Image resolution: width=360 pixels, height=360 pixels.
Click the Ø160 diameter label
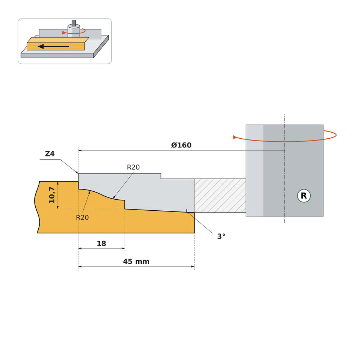click(181, 145)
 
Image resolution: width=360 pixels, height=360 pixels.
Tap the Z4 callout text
click(50, 154)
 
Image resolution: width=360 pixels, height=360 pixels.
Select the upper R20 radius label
click(133, 167)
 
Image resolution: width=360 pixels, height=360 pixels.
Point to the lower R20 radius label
click(83, 218)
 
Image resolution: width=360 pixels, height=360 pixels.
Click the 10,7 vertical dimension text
click(52, 195)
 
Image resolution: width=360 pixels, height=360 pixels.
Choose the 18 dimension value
click(101, 243)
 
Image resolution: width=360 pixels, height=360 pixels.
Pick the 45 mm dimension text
click(136, 261)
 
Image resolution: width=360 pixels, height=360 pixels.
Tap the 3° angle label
click(221, 236)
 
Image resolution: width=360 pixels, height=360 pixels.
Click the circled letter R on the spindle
click(304, 196)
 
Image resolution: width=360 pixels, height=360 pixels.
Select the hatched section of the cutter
click(220, 196)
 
